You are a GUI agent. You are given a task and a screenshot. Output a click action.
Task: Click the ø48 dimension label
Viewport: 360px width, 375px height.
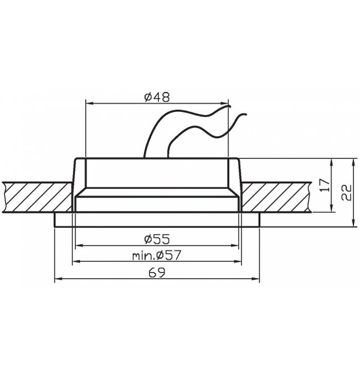click(x=157, y=97)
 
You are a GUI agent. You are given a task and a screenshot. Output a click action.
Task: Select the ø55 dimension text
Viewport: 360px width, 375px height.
click(x=157, y=239)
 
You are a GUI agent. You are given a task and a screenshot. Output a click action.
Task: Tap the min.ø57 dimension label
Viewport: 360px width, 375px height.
click(x=157, y=255)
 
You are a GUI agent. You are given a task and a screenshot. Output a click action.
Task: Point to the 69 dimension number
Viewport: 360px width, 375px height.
click(x=157, y=273)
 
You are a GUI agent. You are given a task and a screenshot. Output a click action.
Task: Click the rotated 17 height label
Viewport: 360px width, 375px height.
click(x=325, y=185)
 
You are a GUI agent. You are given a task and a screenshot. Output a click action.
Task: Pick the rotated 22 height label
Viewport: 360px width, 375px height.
click(x=346, y=192)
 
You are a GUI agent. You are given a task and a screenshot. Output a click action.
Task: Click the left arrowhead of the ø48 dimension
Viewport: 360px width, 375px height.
click(x=89, y=104)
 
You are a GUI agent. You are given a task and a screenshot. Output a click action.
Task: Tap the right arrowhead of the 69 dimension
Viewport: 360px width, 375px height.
click(x=256, y=279)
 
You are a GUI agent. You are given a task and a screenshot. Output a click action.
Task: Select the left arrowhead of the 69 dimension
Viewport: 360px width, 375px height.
click(x=58, y=279)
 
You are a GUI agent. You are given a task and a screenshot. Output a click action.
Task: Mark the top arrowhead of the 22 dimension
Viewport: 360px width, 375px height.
click(x=353, y=162)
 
